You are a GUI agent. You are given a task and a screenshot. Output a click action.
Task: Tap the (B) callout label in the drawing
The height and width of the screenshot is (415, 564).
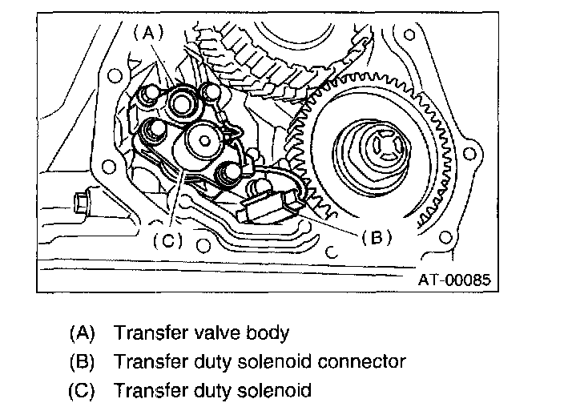376,238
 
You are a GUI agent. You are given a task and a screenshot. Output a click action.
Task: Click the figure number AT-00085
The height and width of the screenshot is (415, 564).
453,281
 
